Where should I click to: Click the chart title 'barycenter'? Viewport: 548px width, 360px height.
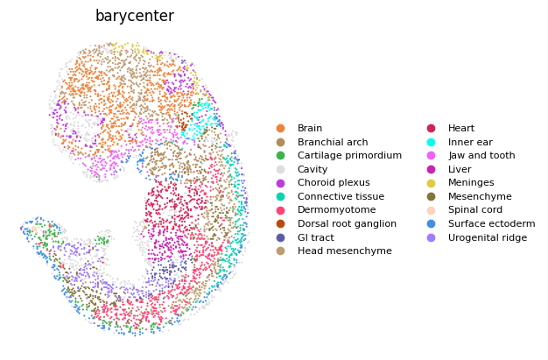pyautogui.click(x=135, y=16)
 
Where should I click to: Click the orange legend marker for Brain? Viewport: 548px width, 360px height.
pyautogui.click(x=280, y=128)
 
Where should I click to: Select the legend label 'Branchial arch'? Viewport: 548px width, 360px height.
pyautogui.click(x=333, y=142)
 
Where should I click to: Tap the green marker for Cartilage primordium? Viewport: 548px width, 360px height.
pyautogui.click(x=280, y=155)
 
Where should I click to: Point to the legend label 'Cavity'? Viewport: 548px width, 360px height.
pyautogui.click(x=313, y=169)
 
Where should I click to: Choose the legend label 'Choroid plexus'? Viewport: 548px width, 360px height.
pyautogui.click(x=334, y=182)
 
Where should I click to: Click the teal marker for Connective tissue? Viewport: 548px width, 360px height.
pyautogui.click(x=280, y=196)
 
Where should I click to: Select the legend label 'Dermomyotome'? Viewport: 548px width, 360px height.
pyautogui.click(x=336, y=210)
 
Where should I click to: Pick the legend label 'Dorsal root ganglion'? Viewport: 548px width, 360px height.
pyautogui.click(x=347, y=224)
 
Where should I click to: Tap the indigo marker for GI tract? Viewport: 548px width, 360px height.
pyautogui.click(x=280, y=238)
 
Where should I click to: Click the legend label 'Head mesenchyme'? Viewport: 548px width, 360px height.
pyautogui.click(x=345, y=251)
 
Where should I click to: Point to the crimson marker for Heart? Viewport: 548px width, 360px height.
pyautogui.click(x=432, y=128)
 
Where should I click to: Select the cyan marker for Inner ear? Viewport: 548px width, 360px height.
pyautogui.click(x=432, y=142)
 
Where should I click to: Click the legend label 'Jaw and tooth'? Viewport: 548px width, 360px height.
pyautogui.click(x=481, y=155)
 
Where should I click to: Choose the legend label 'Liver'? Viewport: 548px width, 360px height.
pyautogui.click(x=460, y=169)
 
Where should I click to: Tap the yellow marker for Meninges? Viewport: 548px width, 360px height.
pyautogui.click(x=432, y=182)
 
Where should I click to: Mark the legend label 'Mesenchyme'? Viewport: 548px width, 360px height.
pyautogui.click(x=480, y=196)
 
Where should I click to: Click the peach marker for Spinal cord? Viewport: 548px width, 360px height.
pyautogui.click(x=432, y=210)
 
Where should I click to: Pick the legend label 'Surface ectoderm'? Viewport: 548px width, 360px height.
pyautogui.click(x=492, y=224)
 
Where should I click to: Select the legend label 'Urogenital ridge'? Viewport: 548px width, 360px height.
pyautogui.click(x=488, y=238)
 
